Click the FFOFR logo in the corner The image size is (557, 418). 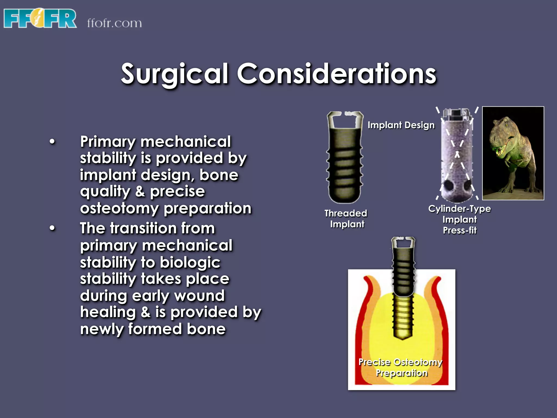click(x=40, y=19)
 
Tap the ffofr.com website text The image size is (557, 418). click(x=114, y=23)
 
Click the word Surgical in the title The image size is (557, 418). click(x=174, y=74)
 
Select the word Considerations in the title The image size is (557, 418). click(x=337, y=74)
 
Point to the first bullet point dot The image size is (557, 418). click(x=52, y=142)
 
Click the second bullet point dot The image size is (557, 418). click(x=52, y=228)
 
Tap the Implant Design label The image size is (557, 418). click(x=401, y=125)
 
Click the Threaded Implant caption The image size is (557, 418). click(x=346, y=219)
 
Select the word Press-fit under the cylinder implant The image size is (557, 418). click(x=460, y=230)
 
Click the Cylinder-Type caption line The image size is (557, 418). click(x=460, y=209)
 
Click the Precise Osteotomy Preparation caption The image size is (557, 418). click(x=401, y=367)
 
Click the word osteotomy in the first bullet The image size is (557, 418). click(x=119, y=209)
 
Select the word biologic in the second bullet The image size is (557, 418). click(x=190, y=263)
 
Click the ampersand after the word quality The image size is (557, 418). click(x=140, y=192)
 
